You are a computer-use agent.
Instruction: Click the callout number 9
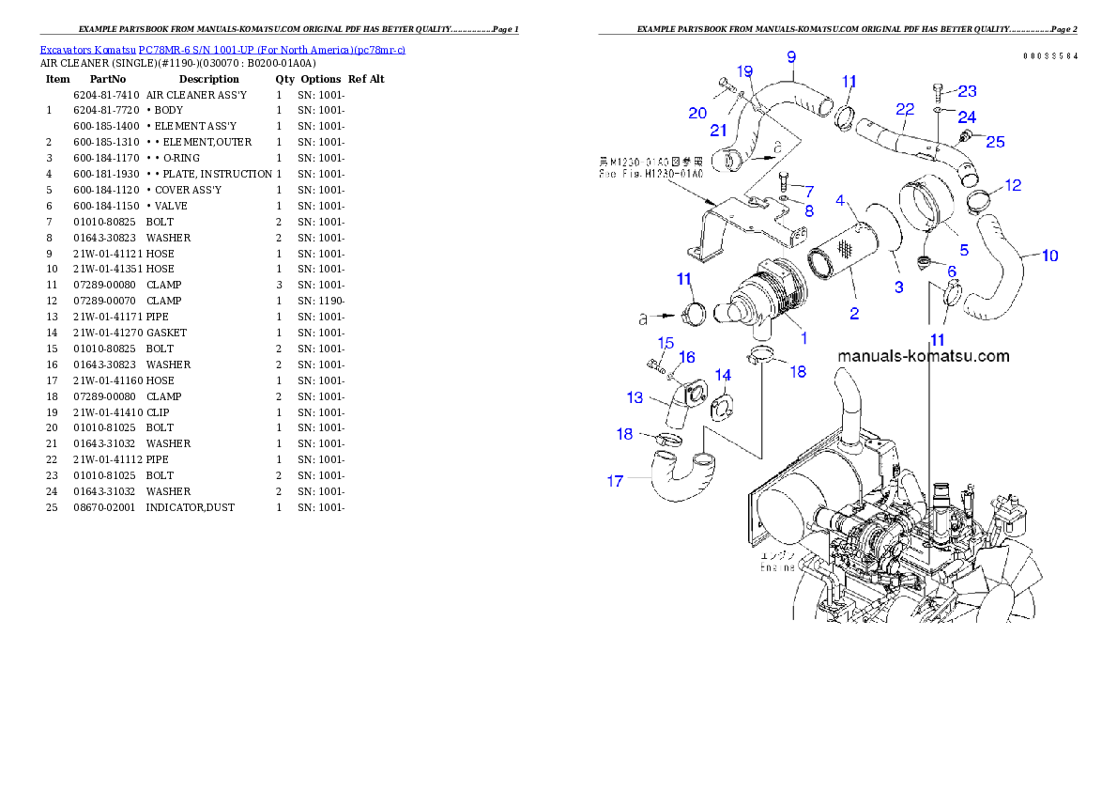pyautogui.click(x=790, y=55)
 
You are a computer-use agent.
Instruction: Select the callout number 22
pyautogui.click(x=905, y=110)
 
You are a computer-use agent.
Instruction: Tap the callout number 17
pyautogui.click(x=616, y=481)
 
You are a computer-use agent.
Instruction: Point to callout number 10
pyautogui.click(x=1049, y=256)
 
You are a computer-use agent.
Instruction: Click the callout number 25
pyautogui.click(x=994, y=142)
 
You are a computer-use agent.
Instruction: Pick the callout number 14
pyautogui.click(x=723, y=375)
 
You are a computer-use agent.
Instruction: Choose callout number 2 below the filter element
pyautogui.click(x=854, y=314)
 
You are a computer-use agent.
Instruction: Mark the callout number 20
pyautogui.click(x=697, y=113)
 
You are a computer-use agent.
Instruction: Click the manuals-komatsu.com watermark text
pyautogui.click(x=923, y=356)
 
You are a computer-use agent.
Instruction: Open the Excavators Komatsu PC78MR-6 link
pyautogui.click(x=222, y=50)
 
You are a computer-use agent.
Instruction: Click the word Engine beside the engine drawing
pyautogui.click(x=777, y=567)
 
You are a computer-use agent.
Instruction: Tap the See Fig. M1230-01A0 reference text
pyautogui.click(x=649, y=173)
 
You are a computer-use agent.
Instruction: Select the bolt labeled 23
pyautogui.click(x=939, y=90)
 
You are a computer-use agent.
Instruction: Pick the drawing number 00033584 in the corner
pyautogui.click(x=1050, y=56)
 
